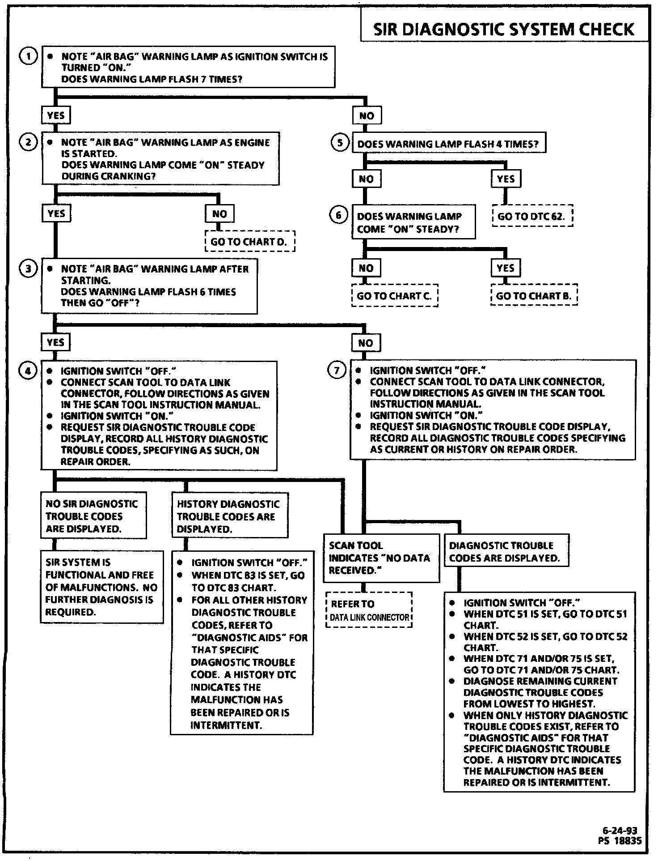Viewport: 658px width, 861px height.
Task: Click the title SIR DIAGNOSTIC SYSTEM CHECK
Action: pos(503,30)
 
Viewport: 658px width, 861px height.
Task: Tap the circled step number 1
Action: pos(29,56)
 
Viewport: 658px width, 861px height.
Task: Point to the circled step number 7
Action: pos(337,370)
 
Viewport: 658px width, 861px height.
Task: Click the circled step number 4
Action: pos(29,371)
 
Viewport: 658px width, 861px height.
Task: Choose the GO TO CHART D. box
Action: pos(250,242)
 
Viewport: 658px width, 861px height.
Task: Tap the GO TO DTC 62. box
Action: pos(532,217)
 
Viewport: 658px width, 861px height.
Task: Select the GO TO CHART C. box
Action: pos(394,296)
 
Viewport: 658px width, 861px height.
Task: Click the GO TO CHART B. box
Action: pos(534,296)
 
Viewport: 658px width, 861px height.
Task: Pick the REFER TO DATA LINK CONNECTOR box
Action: pos(369,610)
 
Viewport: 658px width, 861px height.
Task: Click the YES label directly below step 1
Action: pos(56,116)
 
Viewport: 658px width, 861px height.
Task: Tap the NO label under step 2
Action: pos(219,214)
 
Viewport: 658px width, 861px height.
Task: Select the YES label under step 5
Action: pos(506,179)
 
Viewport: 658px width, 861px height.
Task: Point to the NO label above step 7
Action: pos(366,343)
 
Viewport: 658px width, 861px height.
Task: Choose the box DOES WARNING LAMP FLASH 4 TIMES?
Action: pos(448,144)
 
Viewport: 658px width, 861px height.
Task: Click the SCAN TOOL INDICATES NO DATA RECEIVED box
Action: pos(381,558)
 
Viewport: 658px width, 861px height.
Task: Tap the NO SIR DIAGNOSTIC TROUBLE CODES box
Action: pos(93,516)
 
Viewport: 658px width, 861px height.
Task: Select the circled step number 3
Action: pos(29,269)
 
